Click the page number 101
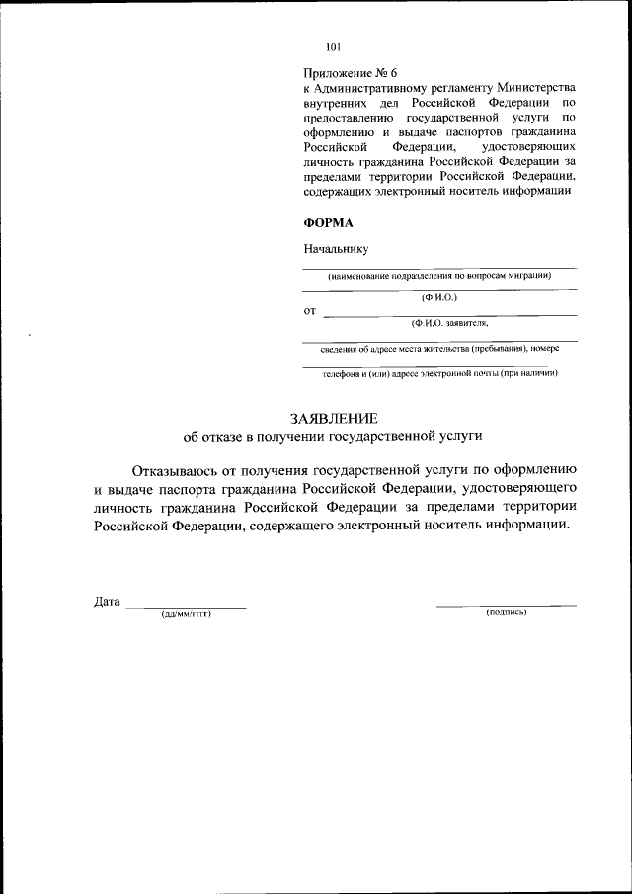click(333, 45)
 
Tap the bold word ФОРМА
click(327, 223)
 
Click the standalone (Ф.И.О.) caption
click(438, 297)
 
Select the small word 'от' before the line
click(309, 311)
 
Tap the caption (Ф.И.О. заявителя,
click(450, 322)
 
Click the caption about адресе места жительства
click(439, 348)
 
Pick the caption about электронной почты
click(439, 373)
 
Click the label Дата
click(107, 602)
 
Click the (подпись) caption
click(507, 612)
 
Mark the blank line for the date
click(186, 606)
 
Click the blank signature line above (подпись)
click(507, 604)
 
